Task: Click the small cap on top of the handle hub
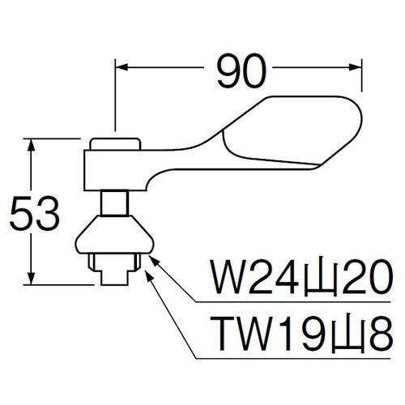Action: point(114,144)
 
